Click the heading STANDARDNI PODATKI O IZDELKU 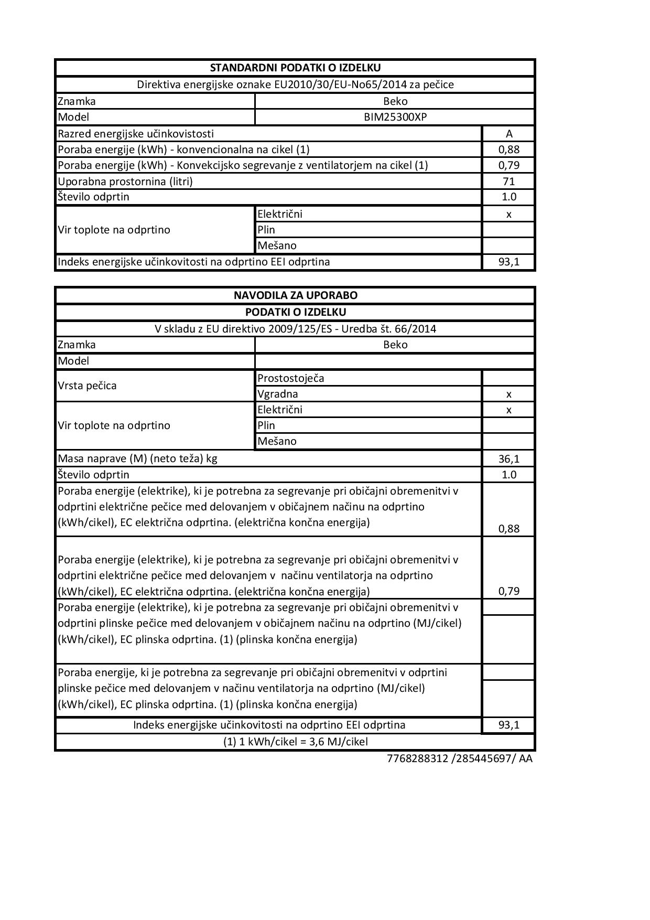(x=295, y=68)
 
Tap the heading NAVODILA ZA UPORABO (x=295, y=295)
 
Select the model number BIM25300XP (x=395, y=117)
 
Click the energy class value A (x=508, y=134)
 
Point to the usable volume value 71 (x=508, y=181)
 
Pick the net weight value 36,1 (x=508, y=459)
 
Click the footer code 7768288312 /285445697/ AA (x=459, y=758)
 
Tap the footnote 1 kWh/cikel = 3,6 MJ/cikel (x=295, y=742)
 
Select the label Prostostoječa (x=290, y=378)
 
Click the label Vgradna (x=277, y=394)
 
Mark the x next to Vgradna (x=508, y=394)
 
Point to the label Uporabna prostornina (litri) (x=125, y=181)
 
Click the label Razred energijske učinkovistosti (x=136, y=134)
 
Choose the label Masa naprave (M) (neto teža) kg (x=137, y=458)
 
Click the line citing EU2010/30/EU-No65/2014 (x=295, y=84)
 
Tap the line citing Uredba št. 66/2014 (x=295, y=329)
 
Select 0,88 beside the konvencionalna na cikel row (x=508, y=149)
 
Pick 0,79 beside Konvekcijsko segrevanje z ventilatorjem (x=508, y=165)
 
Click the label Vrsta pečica (x=87, y=386)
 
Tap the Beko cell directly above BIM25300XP (x=395, y=101)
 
